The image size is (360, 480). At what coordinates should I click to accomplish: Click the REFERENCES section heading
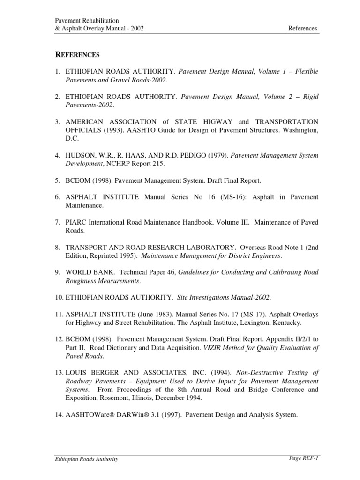78,55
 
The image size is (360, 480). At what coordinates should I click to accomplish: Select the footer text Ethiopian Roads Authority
87,459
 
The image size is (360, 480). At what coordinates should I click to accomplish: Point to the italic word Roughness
82,281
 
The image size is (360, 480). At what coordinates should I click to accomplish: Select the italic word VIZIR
214,348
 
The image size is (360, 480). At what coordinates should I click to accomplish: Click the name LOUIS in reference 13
77,373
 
